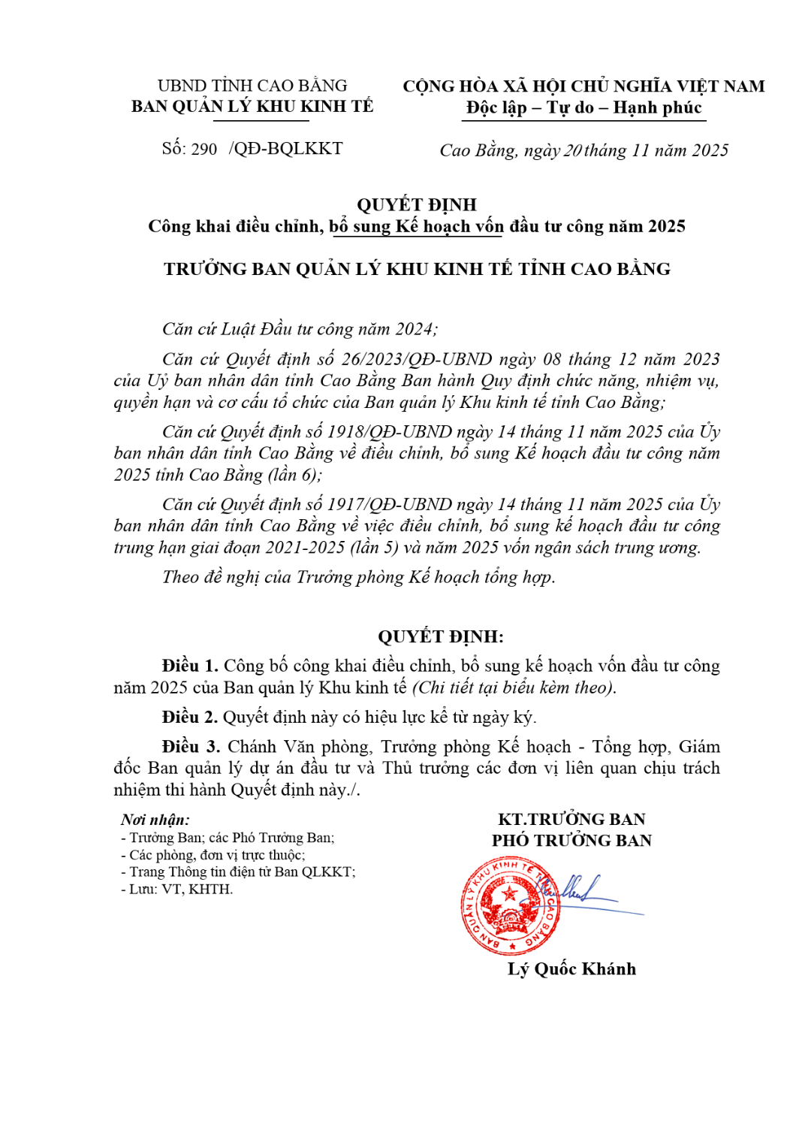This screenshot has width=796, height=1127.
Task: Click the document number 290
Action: tap(204, 149)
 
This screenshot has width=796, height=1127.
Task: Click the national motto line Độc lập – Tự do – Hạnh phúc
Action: tap(583, 107)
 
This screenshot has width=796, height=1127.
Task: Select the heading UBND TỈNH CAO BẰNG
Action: tap(252, 86)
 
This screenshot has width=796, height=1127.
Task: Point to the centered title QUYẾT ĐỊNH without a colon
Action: tap(416, 204)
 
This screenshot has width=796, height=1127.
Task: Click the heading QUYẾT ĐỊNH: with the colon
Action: tap(441, 636)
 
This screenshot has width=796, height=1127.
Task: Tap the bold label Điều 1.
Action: tap(189, 666)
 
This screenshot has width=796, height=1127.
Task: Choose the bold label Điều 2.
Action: tap(189, 717)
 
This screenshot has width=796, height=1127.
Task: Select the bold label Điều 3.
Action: tap(190, 746)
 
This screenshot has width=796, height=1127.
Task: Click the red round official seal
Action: tap(510, 906)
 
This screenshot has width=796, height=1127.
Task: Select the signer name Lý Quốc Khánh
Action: tap(571, 968)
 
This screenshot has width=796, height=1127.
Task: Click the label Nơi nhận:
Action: tap(155, 820)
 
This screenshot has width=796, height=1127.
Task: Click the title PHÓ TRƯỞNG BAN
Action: tap(571, 840)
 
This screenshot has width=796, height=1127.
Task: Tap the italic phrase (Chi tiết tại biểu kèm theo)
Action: tap(514, 687)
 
